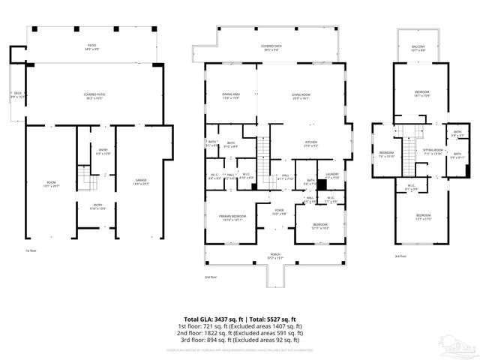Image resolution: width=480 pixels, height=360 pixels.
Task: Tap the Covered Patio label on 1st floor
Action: coord(94,96)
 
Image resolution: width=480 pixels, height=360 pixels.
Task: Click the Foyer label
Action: coord(278,212)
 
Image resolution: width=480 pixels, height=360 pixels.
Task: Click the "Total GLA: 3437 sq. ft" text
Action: coord(211,319)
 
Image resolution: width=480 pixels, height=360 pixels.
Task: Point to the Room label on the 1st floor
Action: coord(51,182)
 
